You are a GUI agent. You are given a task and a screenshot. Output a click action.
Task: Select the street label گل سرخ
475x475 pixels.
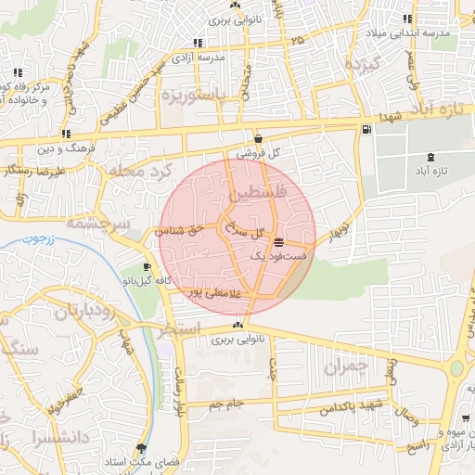coord(252,231)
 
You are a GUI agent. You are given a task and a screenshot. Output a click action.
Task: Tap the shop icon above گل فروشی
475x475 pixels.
coord(257,139)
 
